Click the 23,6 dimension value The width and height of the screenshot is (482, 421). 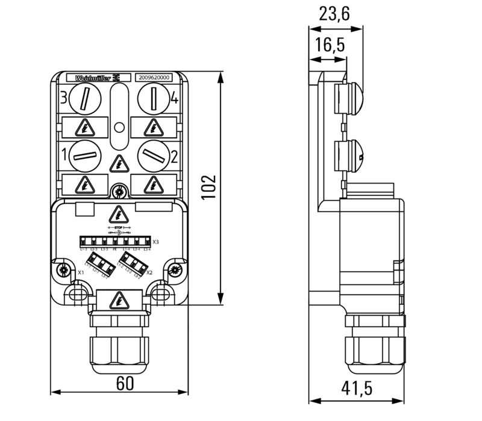pyautogui.click(x=335, y=14)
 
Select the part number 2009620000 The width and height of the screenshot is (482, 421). pyautogui.click(x=154, y=78)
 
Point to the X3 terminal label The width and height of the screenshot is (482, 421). pyautogui.click(x=156, y=242)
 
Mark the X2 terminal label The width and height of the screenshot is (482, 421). pyautogui.click(x=150, y=272)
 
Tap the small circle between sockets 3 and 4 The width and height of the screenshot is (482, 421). pyautogui.click(x=119, y=127)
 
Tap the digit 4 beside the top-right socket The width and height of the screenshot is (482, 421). pyautogui.click(x=174, y=100)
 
